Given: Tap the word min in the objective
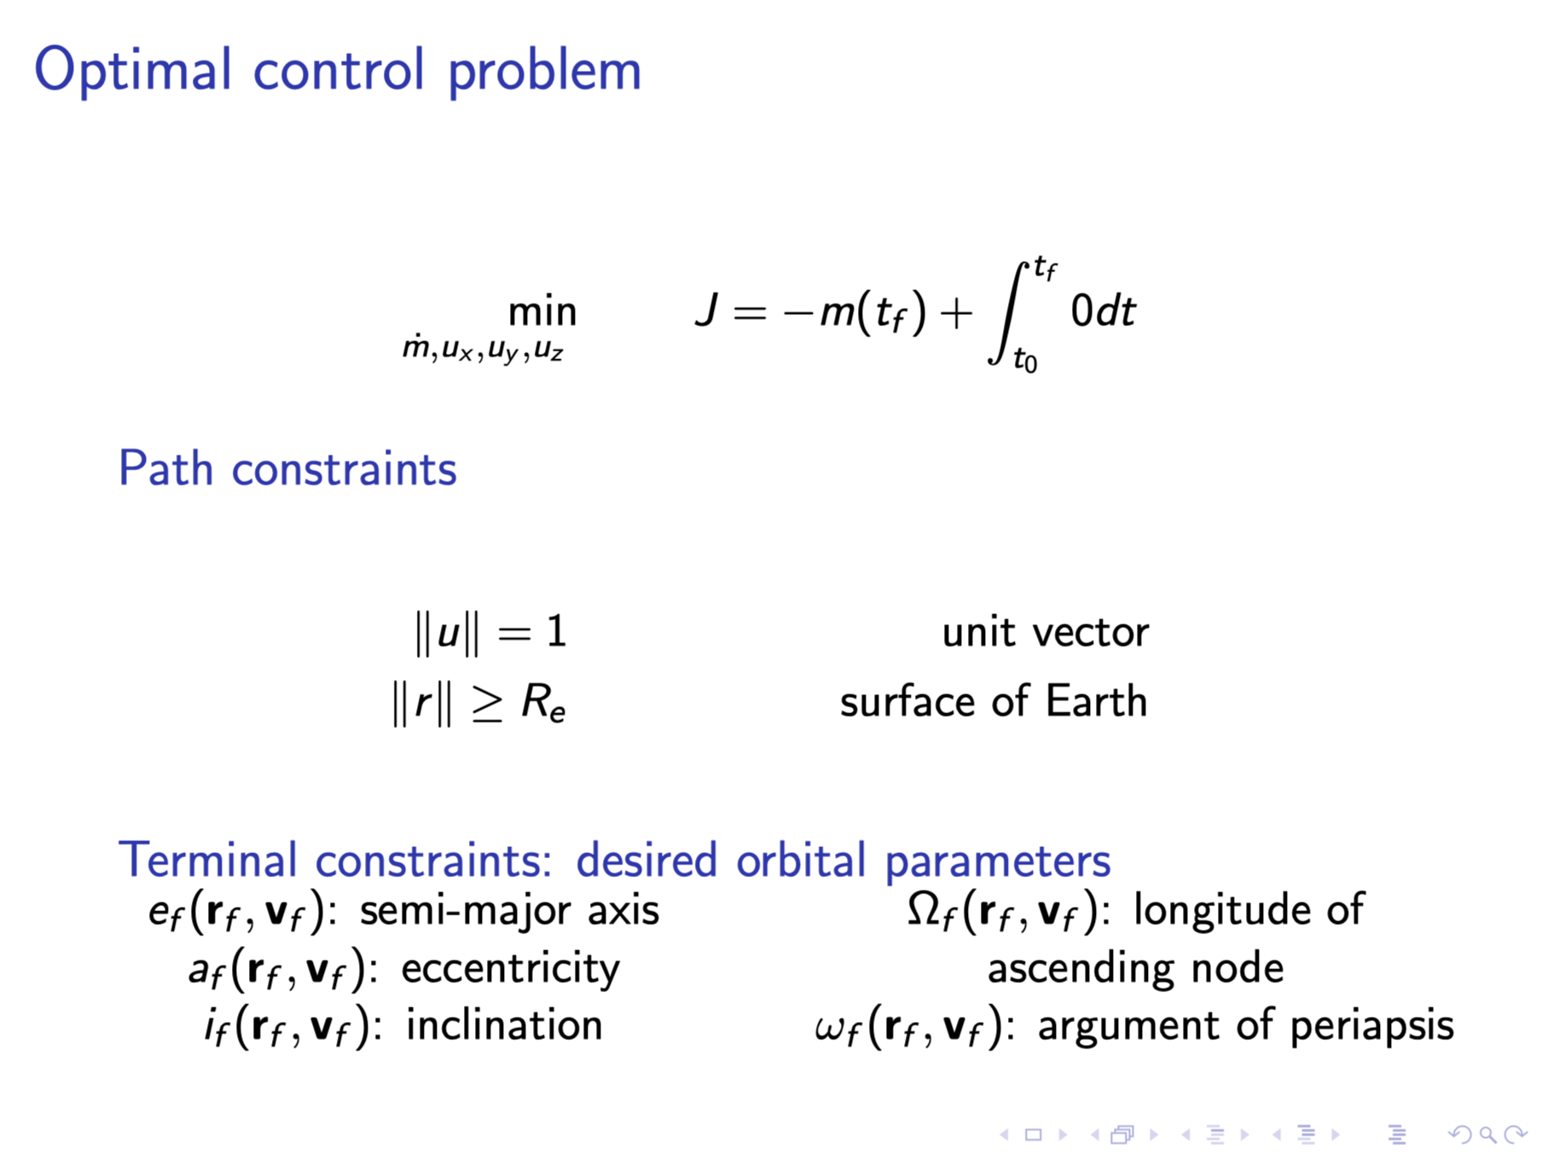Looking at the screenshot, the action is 542,312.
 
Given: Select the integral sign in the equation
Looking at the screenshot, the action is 1008,312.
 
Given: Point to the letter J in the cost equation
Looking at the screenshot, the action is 706,311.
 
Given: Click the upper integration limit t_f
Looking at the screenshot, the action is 1045,270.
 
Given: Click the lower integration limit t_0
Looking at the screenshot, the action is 1025,361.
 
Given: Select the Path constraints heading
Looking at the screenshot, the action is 287,469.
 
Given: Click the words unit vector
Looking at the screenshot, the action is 1046,633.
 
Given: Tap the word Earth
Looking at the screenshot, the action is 1097,702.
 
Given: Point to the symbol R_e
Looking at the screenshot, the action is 543,703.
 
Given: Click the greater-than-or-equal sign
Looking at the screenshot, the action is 488,705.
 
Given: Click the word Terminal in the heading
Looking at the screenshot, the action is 207,860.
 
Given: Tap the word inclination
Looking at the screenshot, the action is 504,1025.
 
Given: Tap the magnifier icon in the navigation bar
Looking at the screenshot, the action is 1487,1135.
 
